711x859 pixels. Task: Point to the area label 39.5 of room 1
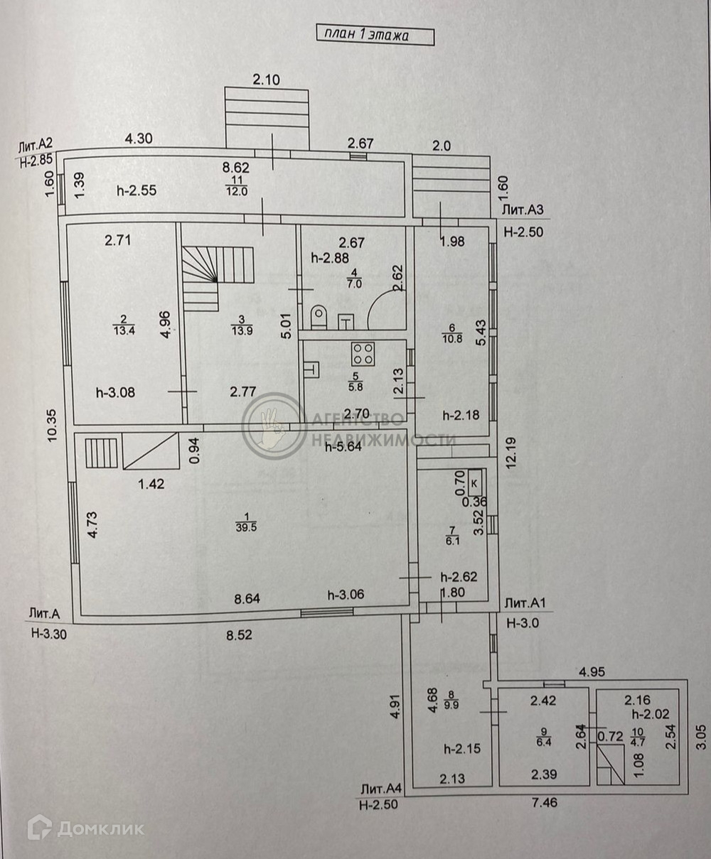pos(246,526)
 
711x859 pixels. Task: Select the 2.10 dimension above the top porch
pos(266,80)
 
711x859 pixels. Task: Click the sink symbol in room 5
pos(310,369)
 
